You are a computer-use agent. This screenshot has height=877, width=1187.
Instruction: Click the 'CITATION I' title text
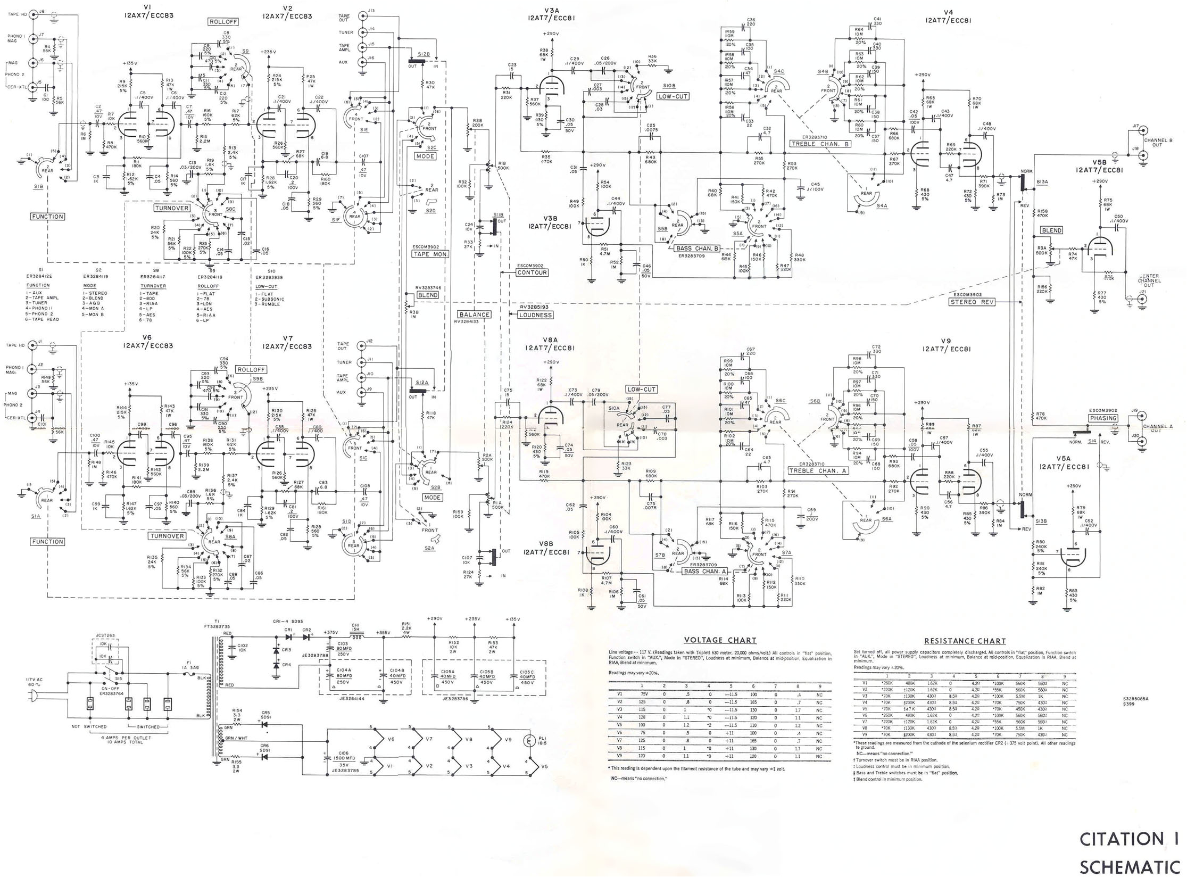(x=1128, y=839)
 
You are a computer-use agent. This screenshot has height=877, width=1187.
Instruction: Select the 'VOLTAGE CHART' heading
(x=720, y=640)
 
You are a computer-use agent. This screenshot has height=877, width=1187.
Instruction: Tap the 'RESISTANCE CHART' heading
(x=965, y=641)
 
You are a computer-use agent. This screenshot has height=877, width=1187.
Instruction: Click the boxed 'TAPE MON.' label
(x=430, y=254)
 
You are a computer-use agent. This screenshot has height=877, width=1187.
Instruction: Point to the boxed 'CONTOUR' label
(x=532, y=272)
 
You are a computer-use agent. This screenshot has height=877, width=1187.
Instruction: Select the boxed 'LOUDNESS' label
(x=535, y=315)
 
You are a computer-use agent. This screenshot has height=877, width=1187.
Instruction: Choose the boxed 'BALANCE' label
(x=474, y=315)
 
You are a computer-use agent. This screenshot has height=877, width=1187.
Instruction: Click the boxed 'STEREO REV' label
(x=971, y=302)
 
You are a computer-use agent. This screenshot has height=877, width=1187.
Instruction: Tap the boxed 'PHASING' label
(x=1103, y=418)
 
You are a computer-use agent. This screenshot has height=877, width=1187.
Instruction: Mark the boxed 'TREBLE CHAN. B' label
(x=820, y=144)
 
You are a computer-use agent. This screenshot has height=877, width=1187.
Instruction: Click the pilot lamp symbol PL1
(x=529, y=741)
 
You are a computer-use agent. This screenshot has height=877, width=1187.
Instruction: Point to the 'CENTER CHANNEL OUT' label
(x=1149, y=280)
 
